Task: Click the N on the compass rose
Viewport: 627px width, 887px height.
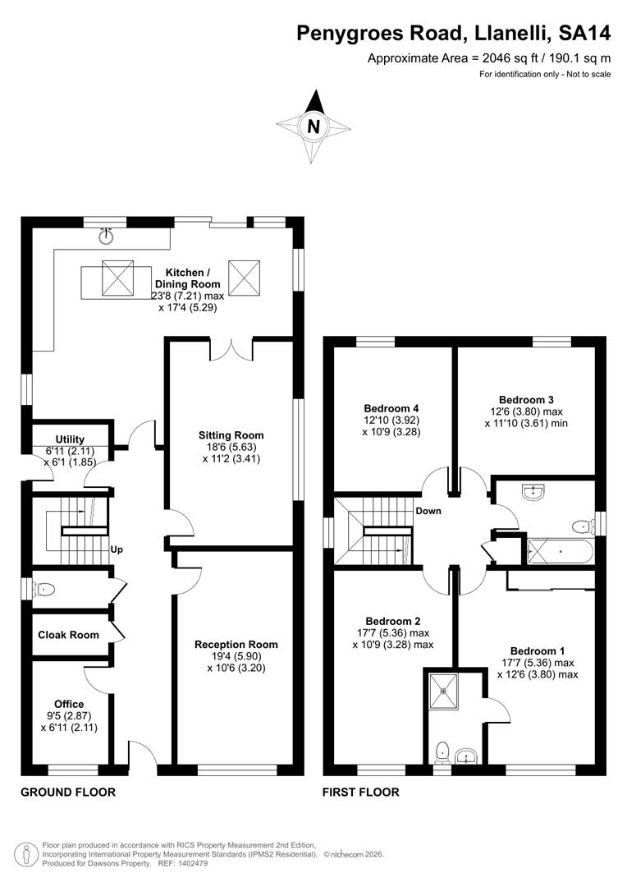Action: coord(313,126)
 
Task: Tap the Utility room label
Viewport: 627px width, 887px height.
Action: coord(70,439)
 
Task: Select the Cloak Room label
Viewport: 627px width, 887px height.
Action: coord(68,635)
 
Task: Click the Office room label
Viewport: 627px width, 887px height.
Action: coord(69,704)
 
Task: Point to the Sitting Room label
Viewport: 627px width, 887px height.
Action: coord(231,435)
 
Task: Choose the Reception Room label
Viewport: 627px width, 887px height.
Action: coord(236,645)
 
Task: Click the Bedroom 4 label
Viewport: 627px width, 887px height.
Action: coord(391,408)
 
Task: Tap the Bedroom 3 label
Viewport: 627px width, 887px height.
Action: coord(526,399)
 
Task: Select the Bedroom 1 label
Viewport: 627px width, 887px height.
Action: coord(537,650)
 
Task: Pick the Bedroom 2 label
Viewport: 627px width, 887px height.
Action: coord(393,621)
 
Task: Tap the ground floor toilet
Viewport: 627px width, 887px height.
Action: coord(43,590)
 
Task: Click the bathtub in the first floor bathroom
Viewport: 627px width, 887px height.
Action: coord(560,549)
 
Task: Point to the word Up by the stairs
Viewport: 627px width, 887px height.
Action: coord(117,549)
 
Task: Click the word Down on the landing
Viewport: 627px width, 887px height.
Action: coord(428,511)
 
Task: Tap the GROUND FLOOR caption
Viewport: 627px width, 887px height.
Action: coord(68,793)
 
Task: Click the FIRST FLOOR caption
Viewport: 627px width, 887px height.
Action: coord(361,793)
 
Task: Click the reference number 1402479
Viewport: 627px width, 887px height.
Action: coord(191,864)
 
